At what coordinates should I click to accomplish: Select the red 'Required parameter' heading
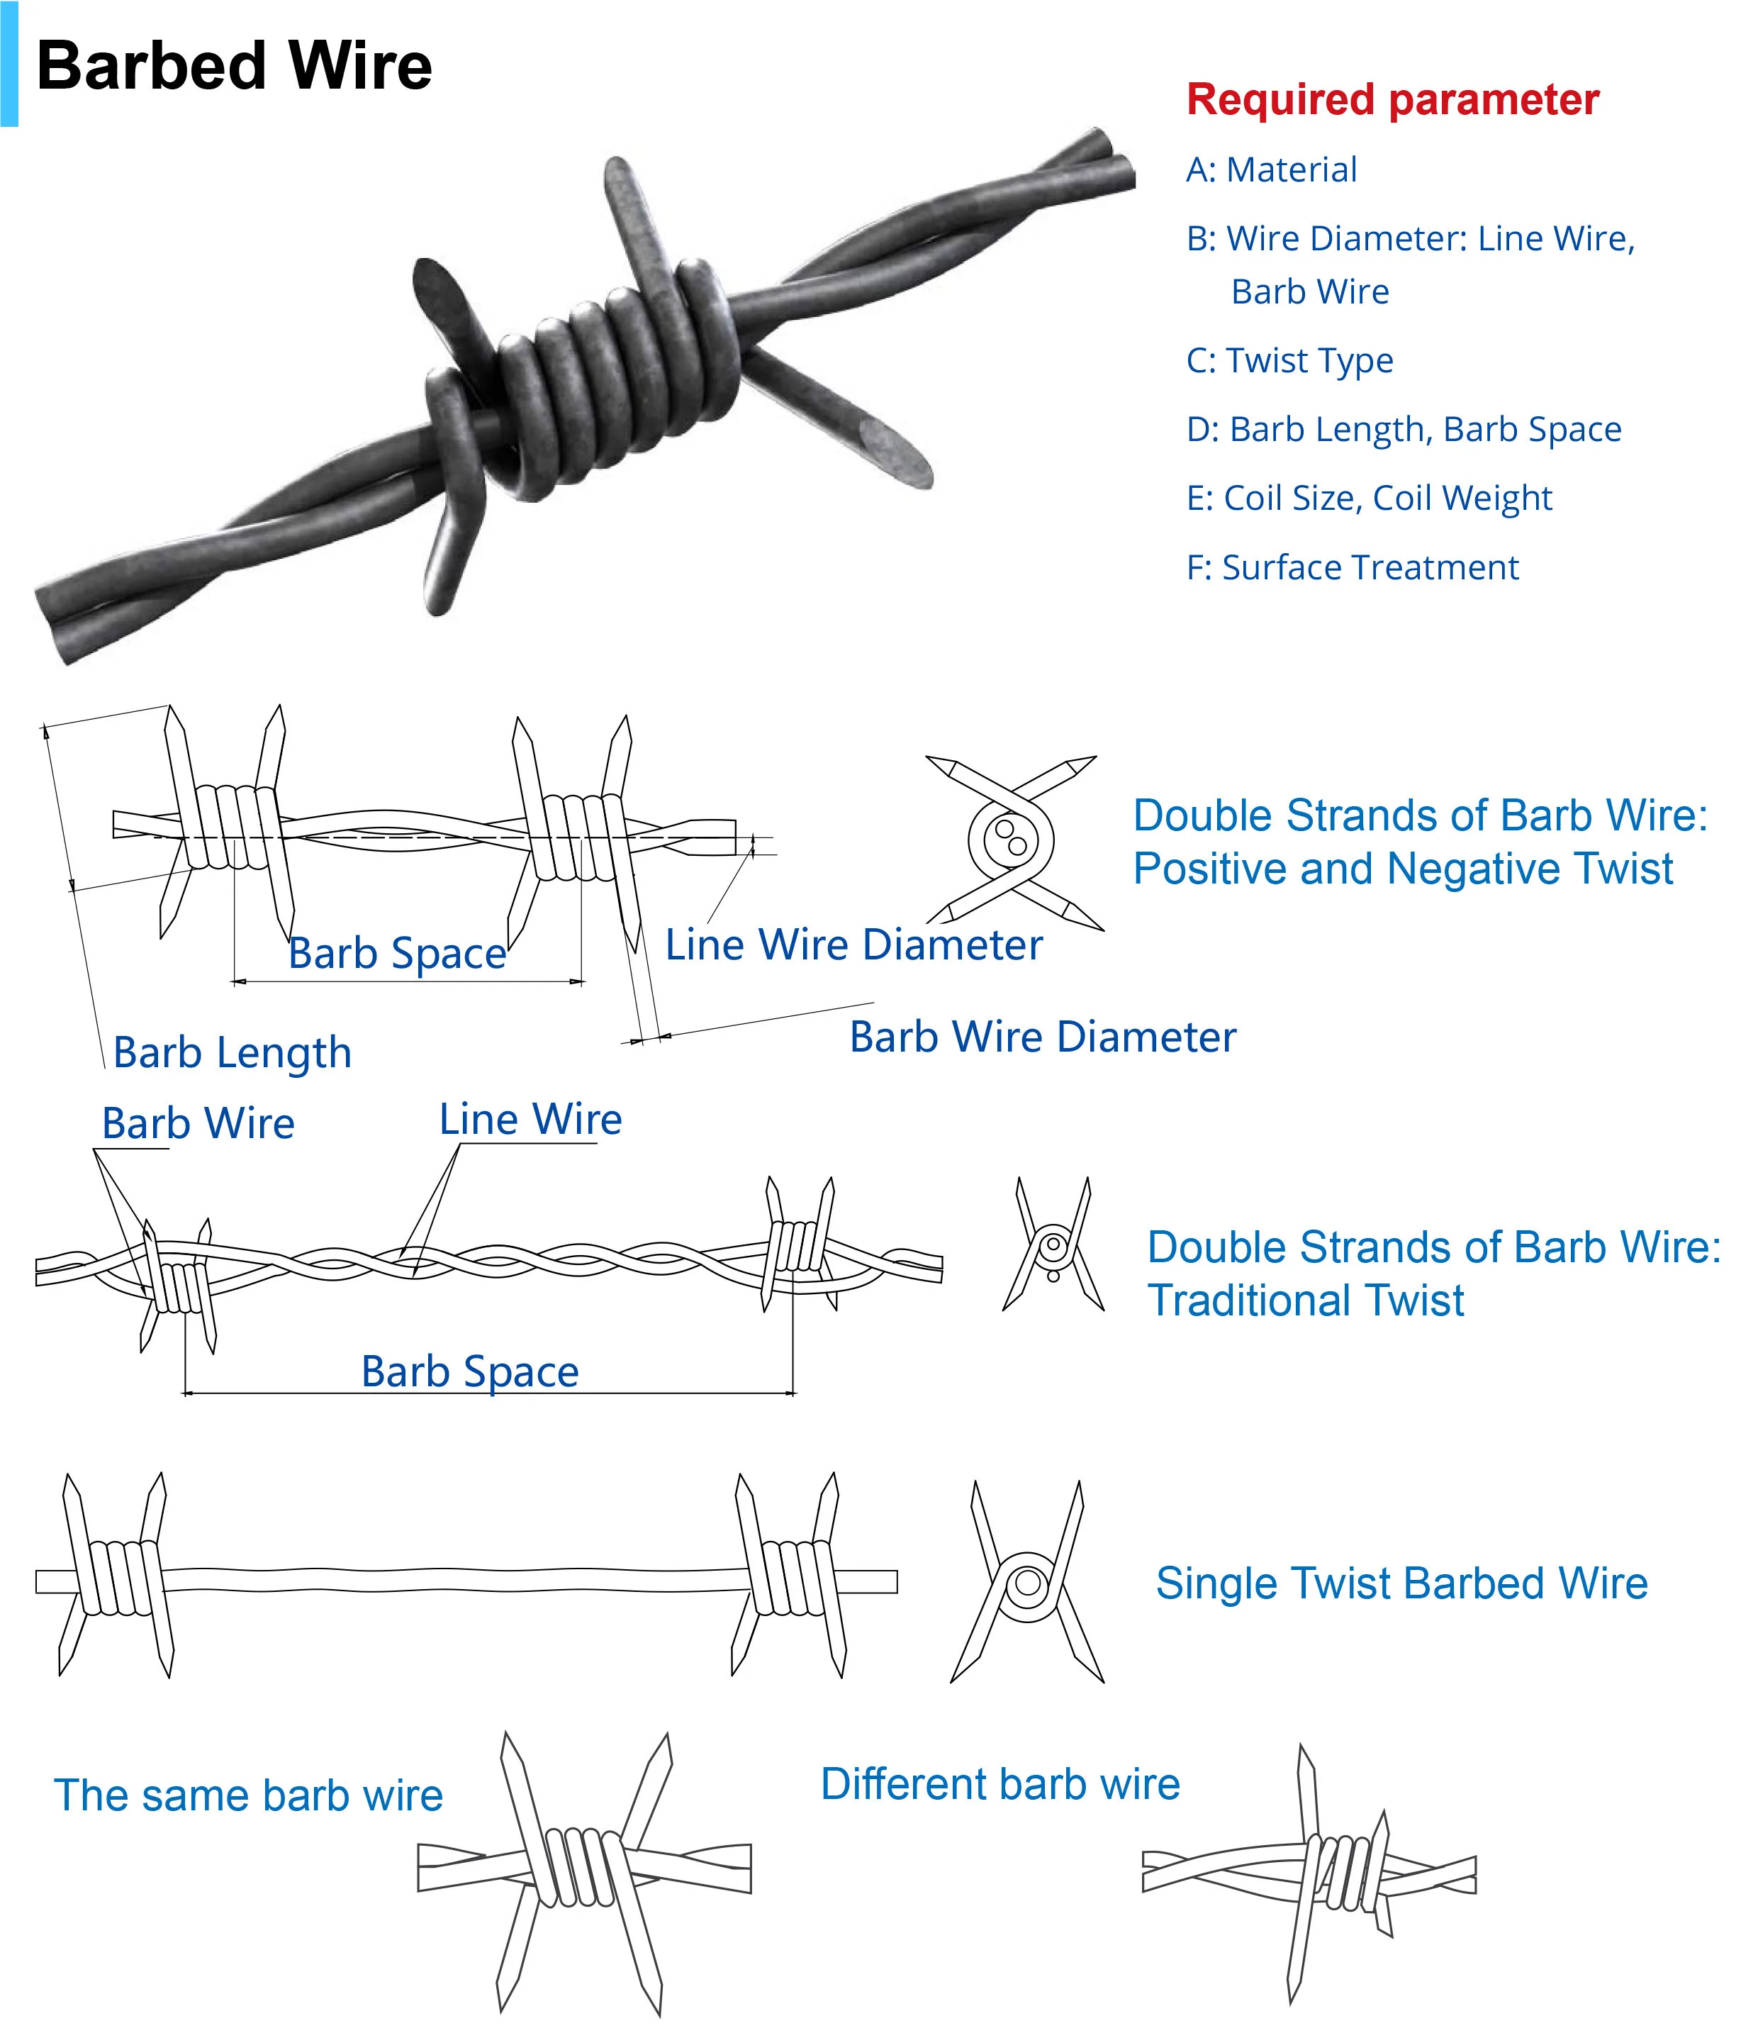tap(1392, 100)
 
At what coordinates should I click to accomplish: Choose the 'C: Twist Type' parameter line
tap(1289, 361)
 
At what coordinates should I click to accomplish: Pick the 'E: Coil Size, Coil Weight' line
tap(1369, 498)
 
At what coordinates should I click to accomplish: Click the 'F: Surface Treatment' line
tap(1352, 567)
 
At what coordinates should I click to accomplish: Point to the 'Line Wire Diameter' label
tap(853, 945)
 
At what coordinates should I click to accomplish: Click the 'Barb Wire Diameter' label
tap(1042, 1037)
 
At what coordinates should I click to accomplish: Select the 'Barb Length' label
tap(233, 1053)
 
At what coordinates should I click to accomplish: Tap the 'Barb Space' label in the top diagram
tap(396, 954)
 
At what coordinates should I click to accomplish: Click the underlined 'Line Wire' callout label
tap(530, 1120)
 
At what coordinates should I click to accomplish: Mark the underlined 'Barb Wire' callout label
tap(198, 1123)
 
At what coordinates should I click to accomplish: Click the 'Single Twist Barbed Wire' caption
tap(1401, 1583)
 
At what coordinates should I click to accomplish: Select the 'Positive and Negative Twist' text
tap(1403, 869)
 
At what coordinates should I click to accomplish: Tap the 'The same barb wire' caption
tap(248, 1795)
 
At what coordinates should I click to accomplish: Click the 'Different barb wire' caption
tap(1000, 1784)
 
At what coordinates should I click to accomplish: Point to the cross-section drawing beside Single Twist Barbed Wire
tap(1027, 1583)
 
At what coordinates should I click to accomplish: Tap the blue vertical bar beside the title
tap(9, 63)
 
